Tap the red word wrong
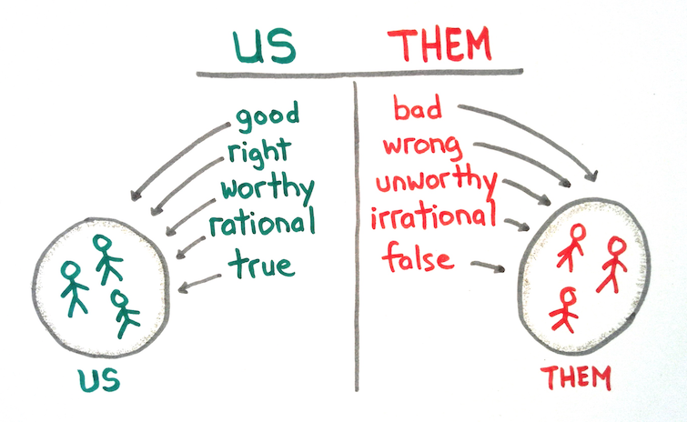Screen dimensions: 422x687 423,146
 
